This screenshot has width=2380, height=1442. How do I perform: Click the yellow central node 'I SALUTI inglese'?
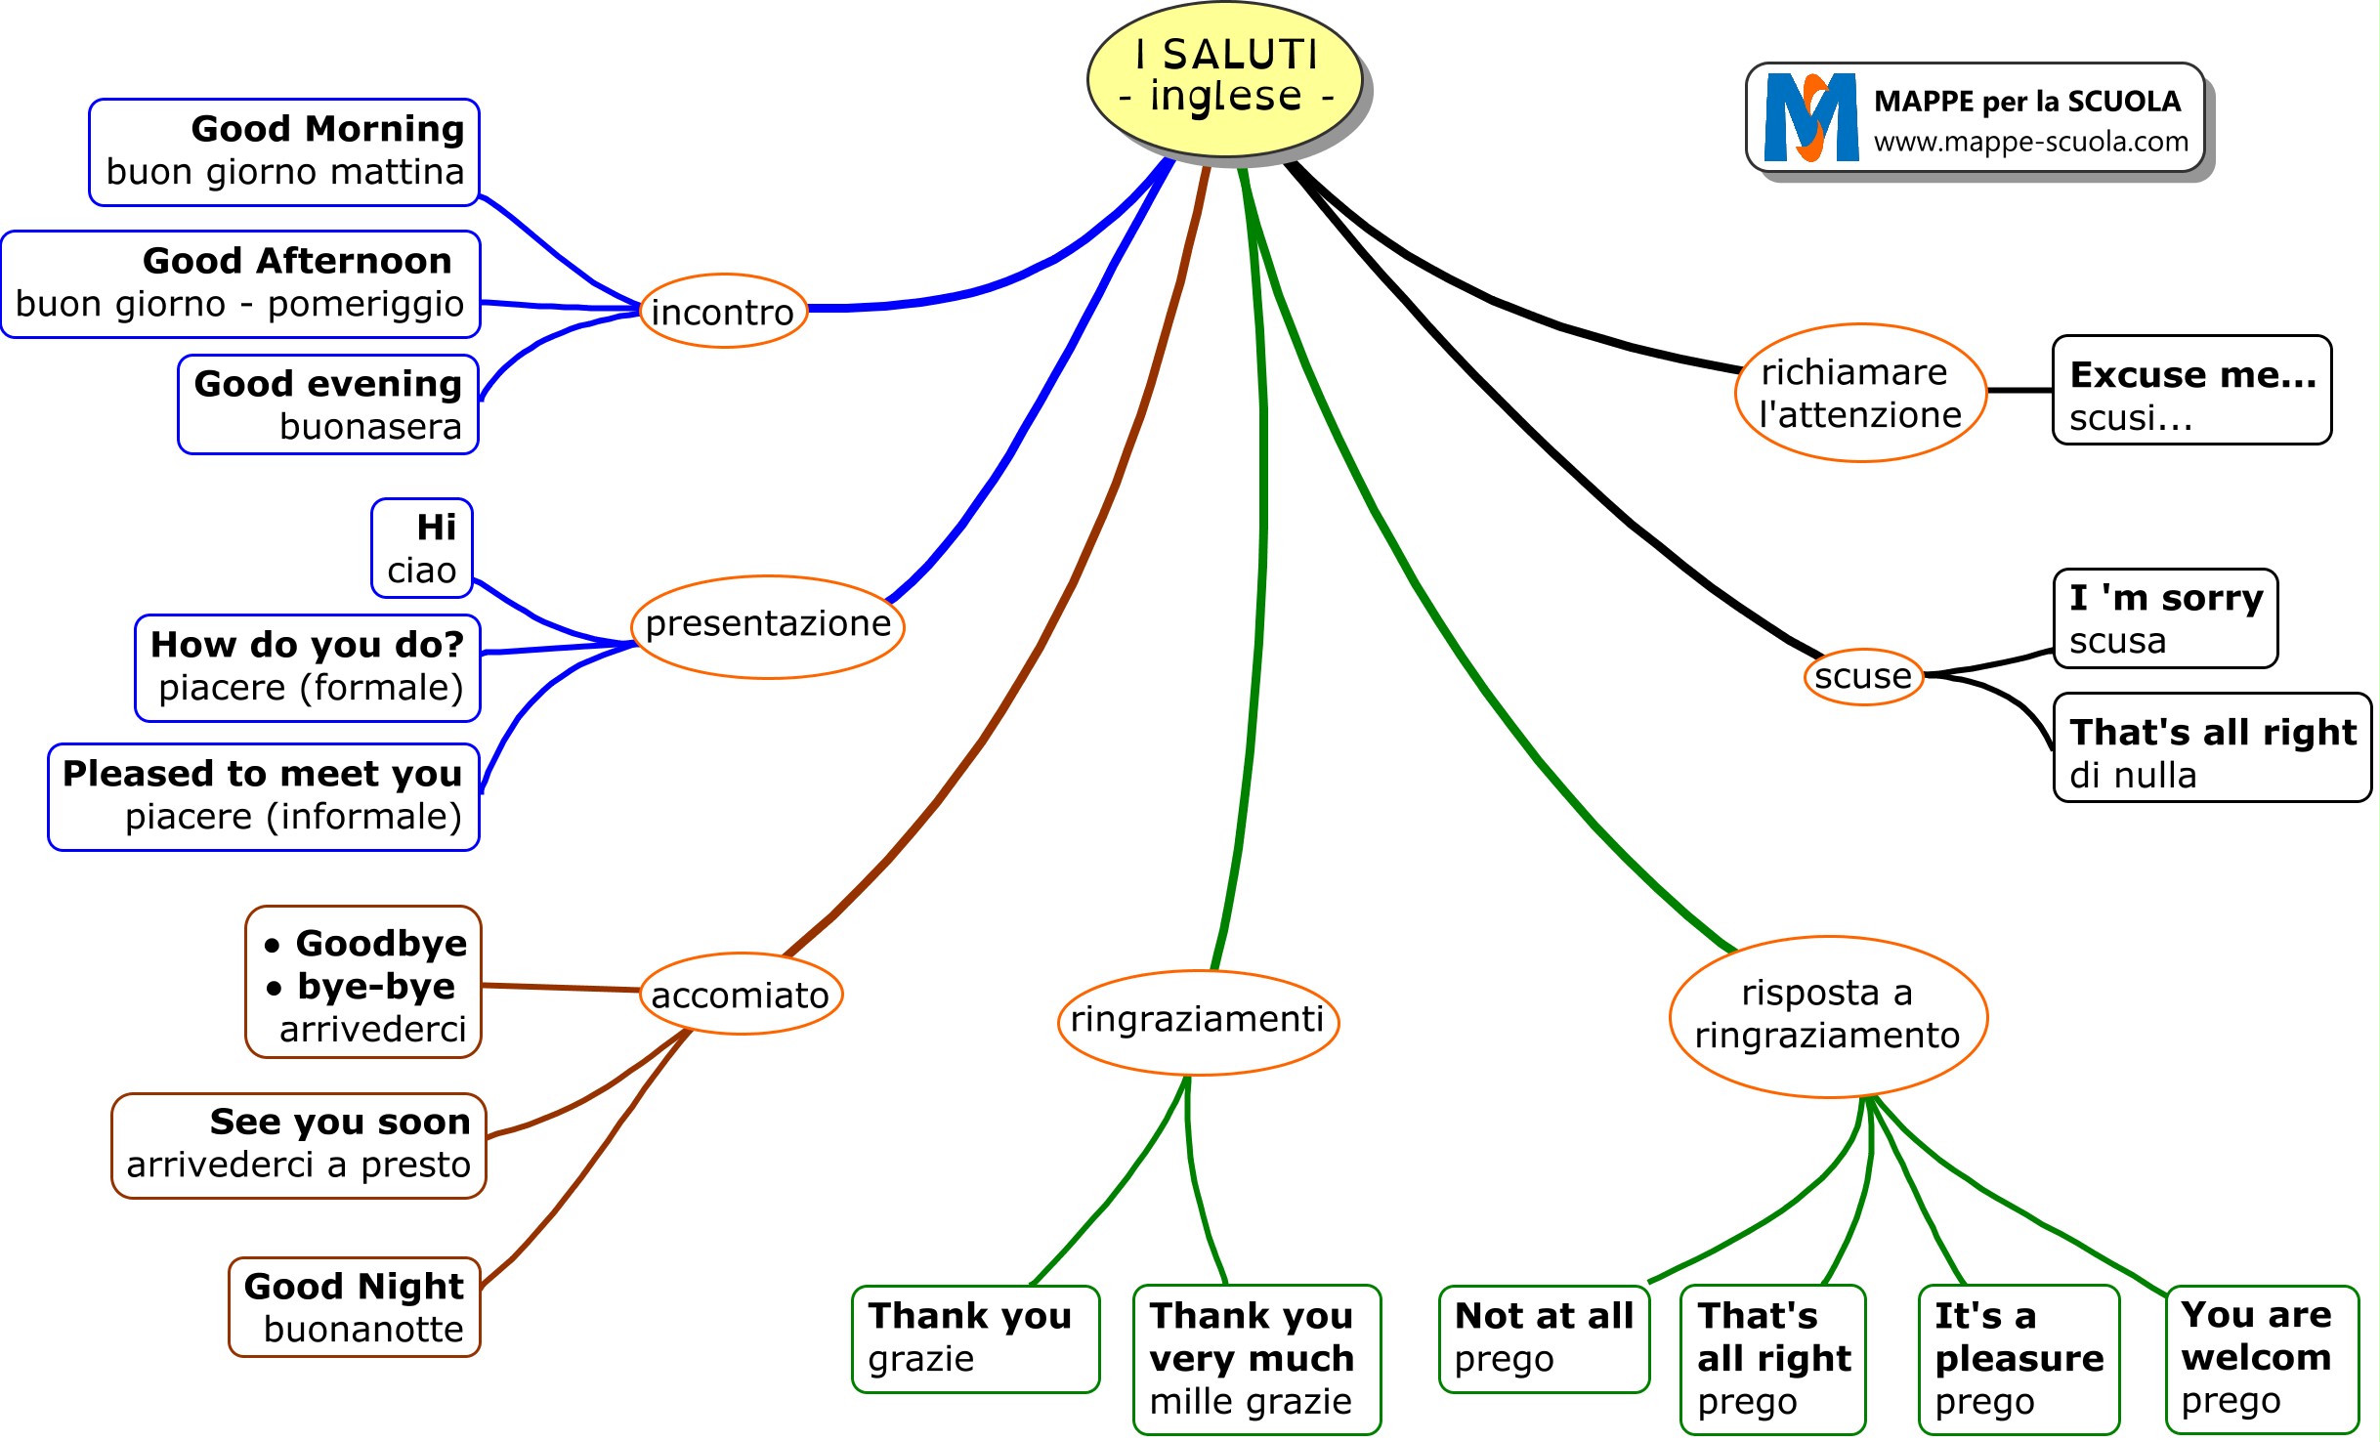click(x=1225, y=78)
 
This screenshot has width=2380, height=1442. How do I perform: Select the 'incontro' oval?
click(x=723, y=312)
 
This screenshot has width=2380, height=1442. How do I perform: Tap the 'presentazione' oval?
click(x=768, y=626)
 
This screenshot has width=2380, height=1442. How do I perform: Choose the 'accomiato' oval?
click(x=741, y=995)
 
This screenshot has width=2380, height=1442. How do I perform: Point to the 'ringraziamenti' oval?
click(x=1198, y=1021)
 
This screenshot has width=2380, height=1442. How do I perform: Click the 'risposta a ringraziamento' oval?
click(x=1828, y=1016)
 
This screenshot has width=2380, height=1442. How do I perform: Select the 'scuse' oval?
click(x=1863, y=676)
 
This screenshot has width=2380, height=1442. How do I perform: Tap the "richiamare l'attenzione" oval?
click(x=1860, y=393)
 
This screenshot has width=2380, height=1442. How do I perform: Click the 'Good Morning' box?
click(x=284, y=151)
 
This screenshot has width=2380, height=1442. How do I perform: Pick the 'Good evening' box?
click(x=328, y=404)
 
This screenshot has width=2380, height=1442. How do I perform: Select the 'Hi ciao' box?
click(x=422, y=548)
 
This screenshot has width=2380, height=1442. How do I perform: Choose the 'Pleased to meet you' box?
click(x=264, y=796)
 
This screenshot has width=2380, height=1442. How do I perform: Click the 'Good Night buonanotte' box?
click(x=355, y=1307)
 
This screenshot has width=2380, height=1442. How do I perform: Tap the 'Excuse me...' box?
click(x=2191, y=391)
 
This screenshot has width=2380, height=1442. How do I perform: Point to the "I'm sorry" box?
click(x=2165, y=619)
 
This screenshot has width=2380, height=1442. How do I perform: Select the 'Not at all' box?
click(x=1544, y=1337)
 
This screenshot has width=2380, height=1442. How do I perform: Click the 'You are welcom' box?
click(x=2262, y=1359)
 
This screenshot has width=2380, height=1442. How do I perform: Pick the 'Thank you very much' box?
click(x=1256, y=1359)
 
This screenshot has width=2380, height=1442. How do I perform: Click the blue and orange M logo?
click(x=1810, y=118)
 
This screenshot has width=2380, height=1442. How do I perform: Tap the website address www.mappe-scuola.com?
click(x=2030, y=143)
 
